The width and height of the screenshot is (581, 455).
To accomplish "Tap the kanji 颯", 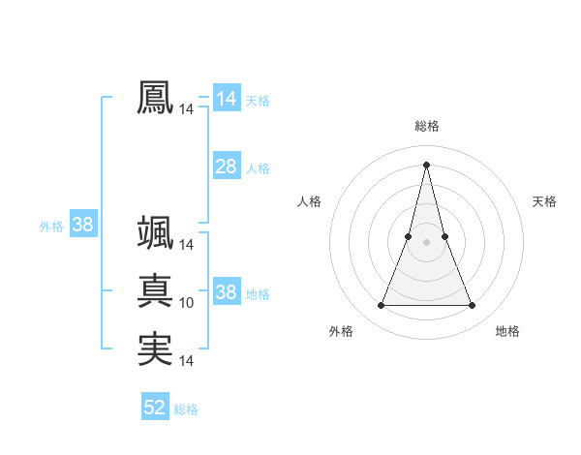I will pyautogui.click(x=155, y=232).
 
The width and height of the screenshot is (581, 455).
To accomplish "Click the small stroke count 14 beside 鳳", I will pyautogui.click(x=186, y=110).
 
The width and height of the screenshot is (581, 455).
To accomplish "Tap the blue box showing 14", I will pyautogui.click(x=226, y=99).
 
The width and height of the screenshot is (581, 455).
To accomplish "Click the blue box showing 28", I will pyautogui.click(x=226, y=167).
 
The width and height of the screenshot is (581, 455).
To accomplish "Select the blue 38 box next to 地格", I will pyautogui.click(x=226, y=292).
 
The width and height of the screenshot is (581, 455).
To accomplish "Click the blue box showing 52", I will pyautogui.click(x=155, y=408).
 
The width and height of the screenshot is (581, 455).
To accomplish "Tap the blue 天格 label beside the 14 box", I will pyautogui.click(x=258, y=101).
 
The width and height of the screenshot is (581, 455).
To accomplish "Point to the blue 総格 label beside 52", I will pyautogui.click(x=187, y=409).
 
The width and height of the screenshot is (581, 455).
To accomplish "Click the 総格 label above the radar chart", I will pyautogui.click(x=427, y=126).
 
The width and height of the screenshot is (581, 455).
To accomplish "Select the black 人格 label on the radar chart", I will pyautogui.click(x=309, y=201).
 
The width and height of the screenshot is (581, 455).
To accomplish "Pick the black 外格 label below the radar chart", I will pyautogui.click(x=341, y=331).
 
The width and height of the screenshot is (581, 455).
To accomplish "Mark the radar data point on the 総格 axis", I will pyautogui.click(x=426, y=165).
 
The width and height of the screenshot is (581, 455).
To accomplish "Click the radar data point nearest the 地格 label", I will pyautogui.click(x=472, y=306).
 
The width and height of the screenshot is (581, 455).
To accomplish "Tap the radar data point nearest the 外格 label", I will pyautogui.click(x=381, y=306).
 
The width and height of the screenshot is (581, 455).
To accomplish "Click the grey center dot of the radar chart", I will pyautogui.click(x=426, y=242).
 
